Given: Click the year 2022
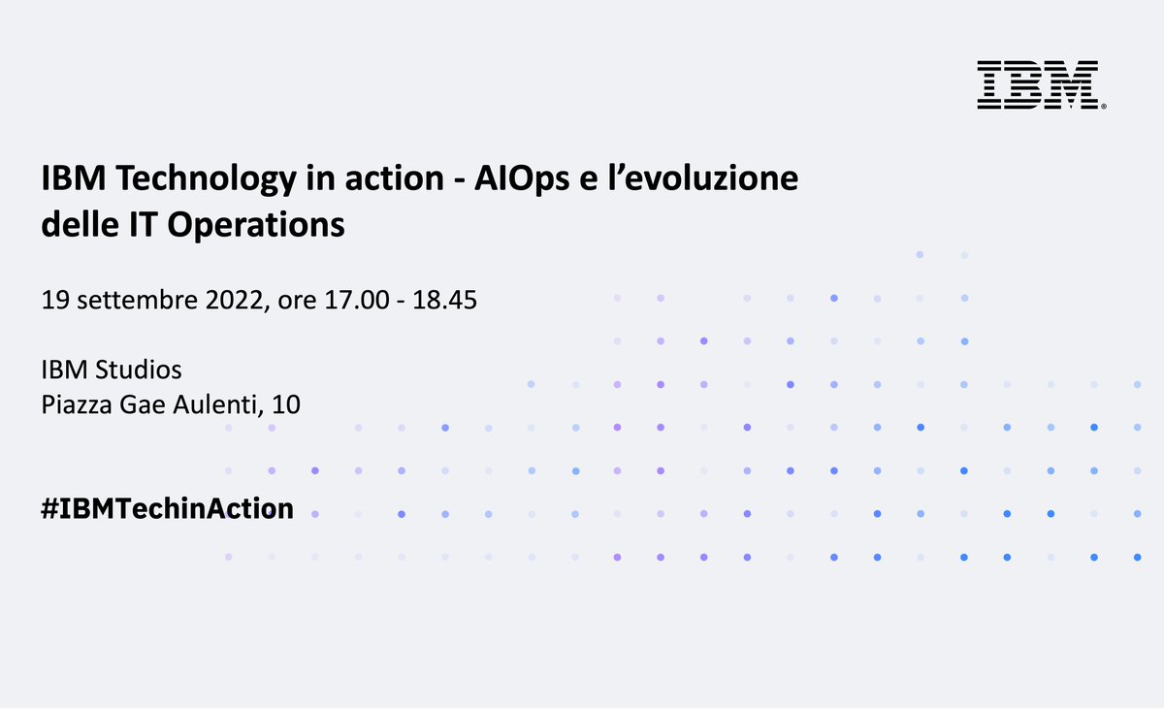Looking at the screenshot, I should [x=234, y=301].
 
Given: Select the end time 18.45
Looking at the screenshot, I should [x=444, y=301].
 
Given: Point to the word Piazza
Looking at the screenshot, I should [x=74, y=405].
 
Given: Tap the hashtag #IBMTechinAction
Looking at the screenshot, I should [x=167, y=508].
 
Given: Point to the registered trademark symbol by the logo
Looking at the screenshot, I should [x=1105, y=105].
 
